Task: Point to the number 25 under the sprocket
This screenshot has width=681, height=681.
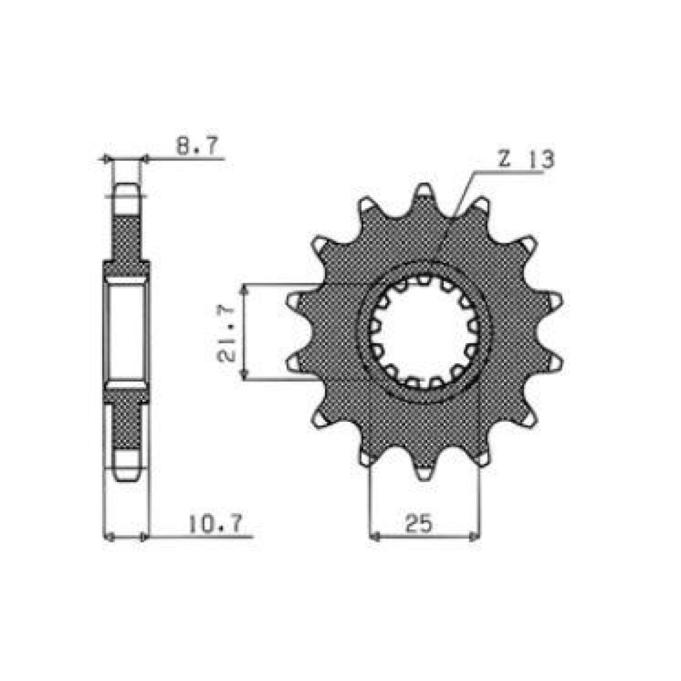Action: pyautogui.click(x=419, y=523)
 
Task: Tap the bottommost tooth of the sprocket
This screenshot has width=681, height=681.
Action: pyautogui.click(x=424, y=472)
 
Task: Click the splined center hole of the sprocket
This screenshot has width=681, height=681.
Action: pyautogui.click(x=423, y=332)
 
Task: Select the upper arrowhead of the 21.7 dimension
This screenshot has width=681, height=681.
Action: pyautogui.click(x=245, y=289)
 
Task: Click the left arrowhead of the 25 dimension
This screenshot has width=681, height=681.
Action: pyautogui.click(x=374, y=536)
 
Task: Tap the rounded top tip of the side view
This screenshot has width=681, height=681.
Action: pyautogui.click(x=127, y=190)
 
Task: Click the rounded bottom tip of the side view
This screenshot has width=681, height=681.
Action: pyautogui.click(x=127, y=474)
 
